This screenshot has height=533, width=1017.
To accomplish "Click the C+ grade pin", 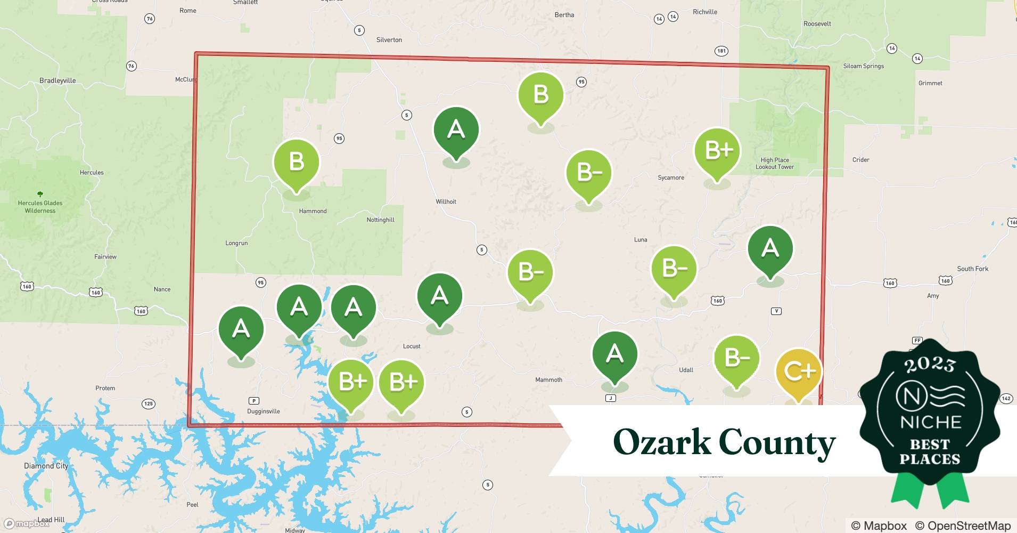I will coord(799,372).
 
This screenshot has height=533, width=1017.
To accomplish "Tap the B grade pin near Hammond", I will coord(296,162).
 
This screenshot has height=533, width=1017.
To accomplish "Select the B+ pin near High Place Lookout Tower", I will coord(717,151).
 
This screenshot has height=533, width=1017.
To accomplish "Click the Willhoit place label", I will coord(446,201).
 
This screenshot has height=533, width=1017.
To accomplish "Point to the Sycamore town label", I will coord(671,177).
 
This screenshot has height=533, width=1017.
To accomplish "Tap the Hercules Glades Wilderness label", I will coord(40,206).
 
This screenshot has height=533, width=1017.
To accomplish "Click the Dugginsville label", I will coord(264,411).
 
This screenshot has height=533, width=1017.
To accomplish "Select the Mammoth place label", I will coord(548,379).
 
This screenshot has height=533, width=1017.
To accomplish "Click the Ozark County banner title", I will coord(724,442).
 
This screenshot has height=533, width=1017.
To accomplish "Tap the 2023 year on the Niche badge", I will coord(930,365).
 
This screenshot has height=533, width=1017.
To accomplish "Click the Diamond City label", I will coord(46,466).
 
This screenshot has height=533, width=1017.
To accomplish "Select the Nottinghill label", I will coord(380,220).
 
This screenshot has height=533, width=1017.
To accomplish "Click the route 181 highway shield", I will coord(721,51).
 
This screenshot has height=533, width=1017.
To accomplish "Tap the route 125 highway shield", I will coord(149,403).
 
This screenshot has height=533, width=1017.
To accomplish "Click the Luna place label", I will coord(641,239).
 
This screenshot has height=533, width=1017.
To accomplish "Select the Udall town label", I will coord(686,369).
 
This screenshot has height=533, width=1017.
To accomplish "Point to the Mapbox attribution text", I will coord(879,526).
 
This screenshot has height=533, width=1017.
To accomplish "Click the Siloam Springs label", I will coord(863,66).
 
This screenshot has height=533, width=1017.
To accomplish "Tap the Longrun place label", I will coord(236,243).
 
